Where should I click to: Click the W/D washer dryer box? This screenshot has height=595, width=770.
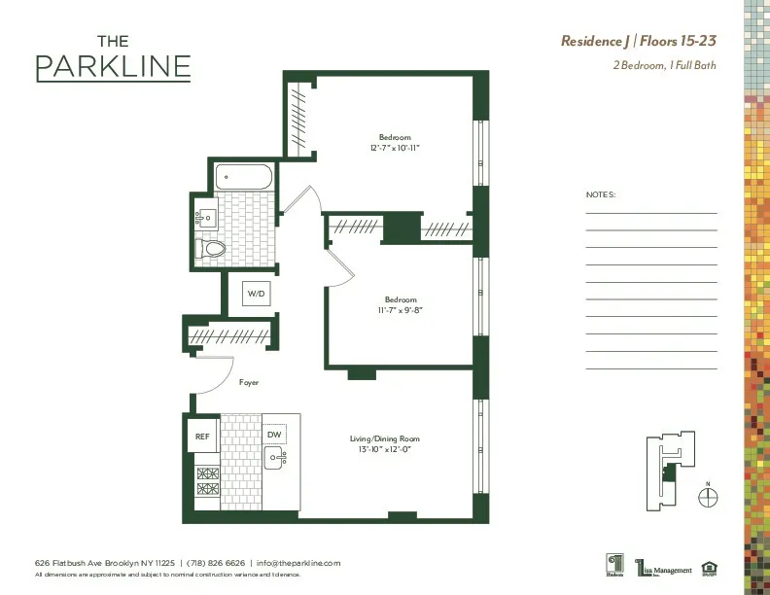click(256, 293)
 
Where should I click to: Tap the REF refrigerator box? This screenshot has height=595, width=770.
click(202, 437)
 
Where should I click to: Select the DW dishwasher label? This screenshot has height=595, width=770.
click(274, 435)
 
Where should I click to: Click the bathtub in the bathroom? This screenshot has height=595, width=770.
click(245, 177)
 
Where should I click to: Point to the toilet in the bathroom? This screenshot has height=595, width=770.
click(211, 249)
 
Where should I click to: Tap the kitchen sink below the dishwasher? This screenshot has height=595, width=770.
click(274, 457)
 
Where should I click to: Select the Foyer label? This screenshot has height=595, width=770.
click(249, 383)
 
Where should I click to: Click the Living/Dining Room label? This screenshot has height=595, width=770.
click(385, 439)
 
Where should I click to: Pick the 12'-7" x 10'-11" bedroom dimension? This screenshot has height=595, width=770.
click(395, 149)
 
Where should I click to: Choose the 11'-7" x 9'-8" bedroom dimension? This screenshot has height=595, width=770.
click(401, 310)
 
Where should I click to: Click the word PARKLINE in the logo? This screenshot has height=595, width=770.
click(113, 67)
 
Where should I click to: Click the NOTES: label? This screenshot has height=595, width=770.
click(601, 194)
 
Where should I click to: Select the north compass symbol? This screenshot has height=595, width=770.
click(709, 496)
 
